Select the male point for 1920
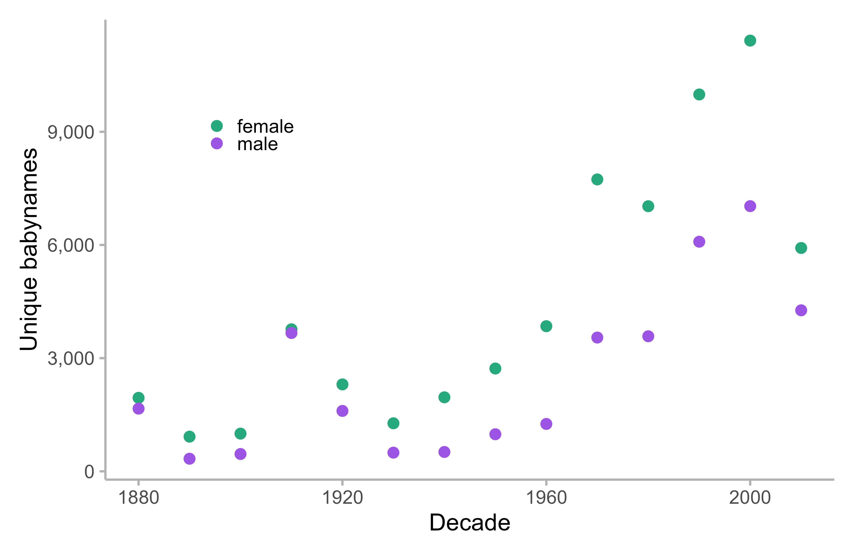(342, 411)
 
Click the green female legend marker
(217, 126)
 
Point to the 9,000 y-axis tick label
(71, 132)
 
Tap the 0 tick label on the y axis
(89, 472)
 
